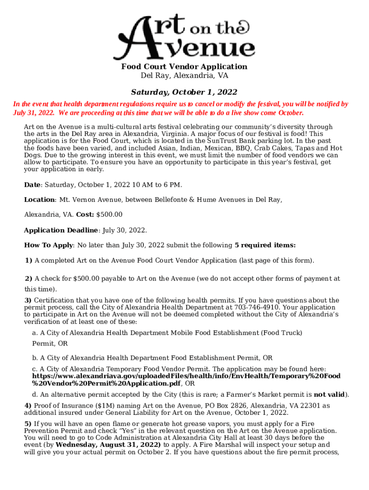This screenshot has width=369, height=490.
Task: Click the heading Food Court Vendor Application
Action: [x=184, y=67]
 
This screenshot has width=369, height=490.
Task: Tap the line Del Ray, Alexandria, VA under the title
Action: [x=184, y=76]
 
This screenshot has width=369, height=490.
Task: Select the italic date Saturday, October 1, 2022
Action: [x=184, y=92]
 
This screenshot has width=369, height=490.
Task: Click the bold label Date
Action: [x=32, y=185]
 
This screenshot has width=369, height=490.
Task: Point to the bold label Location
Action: [x=39, y=200]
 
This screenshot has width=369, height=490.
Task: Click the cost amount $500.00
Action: [x=109, y=214]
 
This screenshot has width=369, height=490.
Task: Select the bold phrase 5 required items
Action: [x=265, y=245]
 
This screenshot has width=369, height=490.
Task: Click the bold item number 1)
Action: [x=28, y=261]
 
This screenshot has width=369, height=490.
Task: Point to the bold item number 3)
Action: [x=28, y=301]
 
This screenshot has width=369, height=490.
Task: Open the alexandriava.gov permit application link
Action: [x=186, y=376]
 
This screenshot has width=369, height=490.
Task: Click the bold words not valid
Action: [x=329, y=395]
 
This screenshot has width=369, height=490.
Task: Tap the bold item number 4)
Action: [x=28, y=406]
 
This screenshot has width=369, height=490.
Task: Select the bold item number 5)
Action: [x=28, y=424]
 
